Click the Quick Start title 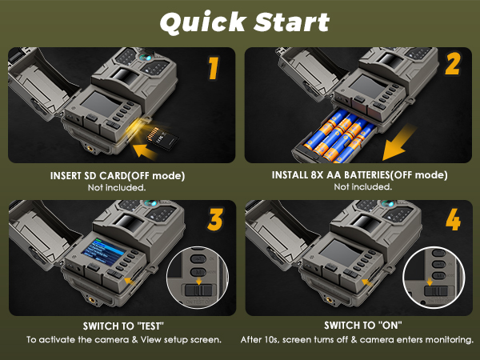(243, 22)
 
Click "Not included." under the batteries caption (362, 187)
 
